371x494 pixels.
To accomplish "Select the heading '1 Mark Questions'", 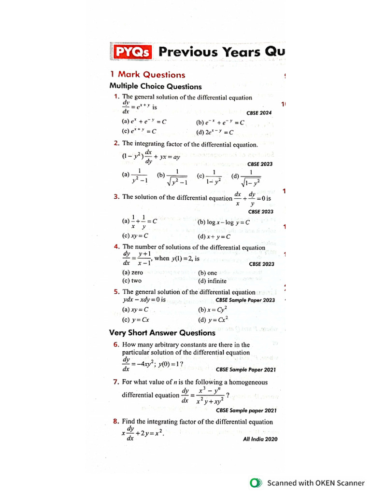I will click(147, 75).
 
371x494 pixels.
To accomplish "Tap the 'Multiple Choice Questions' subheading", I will click(156, 87).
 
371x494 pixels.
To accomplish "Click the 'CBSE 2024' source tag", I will click(259, 113).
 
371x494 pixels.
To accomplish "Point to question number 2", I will click(116, 143).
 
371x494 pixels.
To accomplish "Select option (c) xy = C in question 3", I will click(136, 236).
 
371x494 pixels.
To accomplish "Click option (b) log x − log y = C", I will click(223, 222).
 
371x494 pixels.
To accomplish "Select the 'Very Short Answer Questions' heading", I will click(162, 333).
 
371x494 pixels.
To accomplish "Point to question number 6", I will click(116, 344).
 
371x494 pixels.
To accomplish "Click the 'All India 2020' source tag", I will click(260, 439).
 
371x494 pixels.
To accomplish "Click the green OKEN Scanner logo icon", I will click(256, 482).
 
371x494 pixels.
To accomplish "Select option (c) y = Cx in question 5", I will click(136, 319).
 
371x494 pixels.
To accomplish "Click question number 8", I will click(116, 421).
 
